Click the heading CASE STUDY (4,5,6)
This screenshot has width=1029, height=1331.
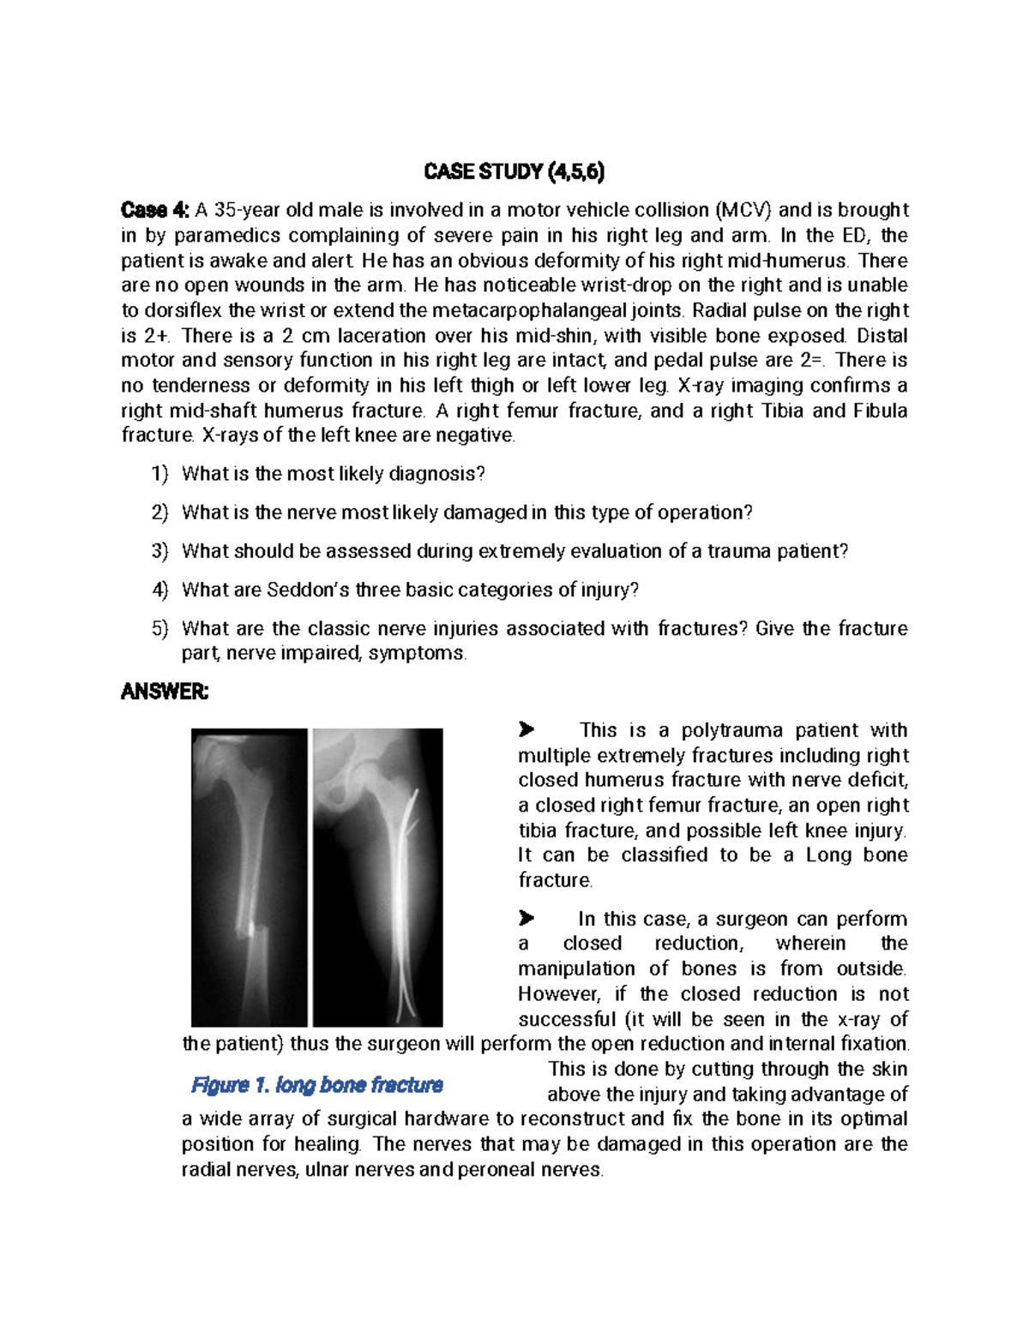[x=514, y=171]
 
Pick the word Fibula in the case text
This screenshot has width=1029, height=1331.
[x=880, y=411]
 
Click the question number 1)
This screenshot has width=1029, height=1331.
[x=160, y=474]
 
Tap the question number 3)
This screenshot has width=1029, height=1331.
[x=160, y=551]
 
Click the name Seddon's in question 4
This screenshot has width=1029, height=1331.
[x=308, y=590]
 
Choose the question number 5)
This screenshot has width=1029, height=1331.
[x=160, y=628]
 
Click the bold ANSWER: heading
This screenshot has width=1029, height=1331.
[x=165, y=692]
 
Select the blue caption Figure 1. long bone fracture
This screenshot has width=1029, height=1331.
[x=316, y=1085]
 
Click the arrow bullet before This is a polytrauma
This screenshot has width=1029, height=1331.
[x=527, y=729]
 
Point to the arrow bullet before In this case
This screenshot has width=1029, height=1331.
[x=527, y=918]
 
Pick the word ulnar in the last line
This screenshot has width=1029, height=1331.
[x=328, y=1170]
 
